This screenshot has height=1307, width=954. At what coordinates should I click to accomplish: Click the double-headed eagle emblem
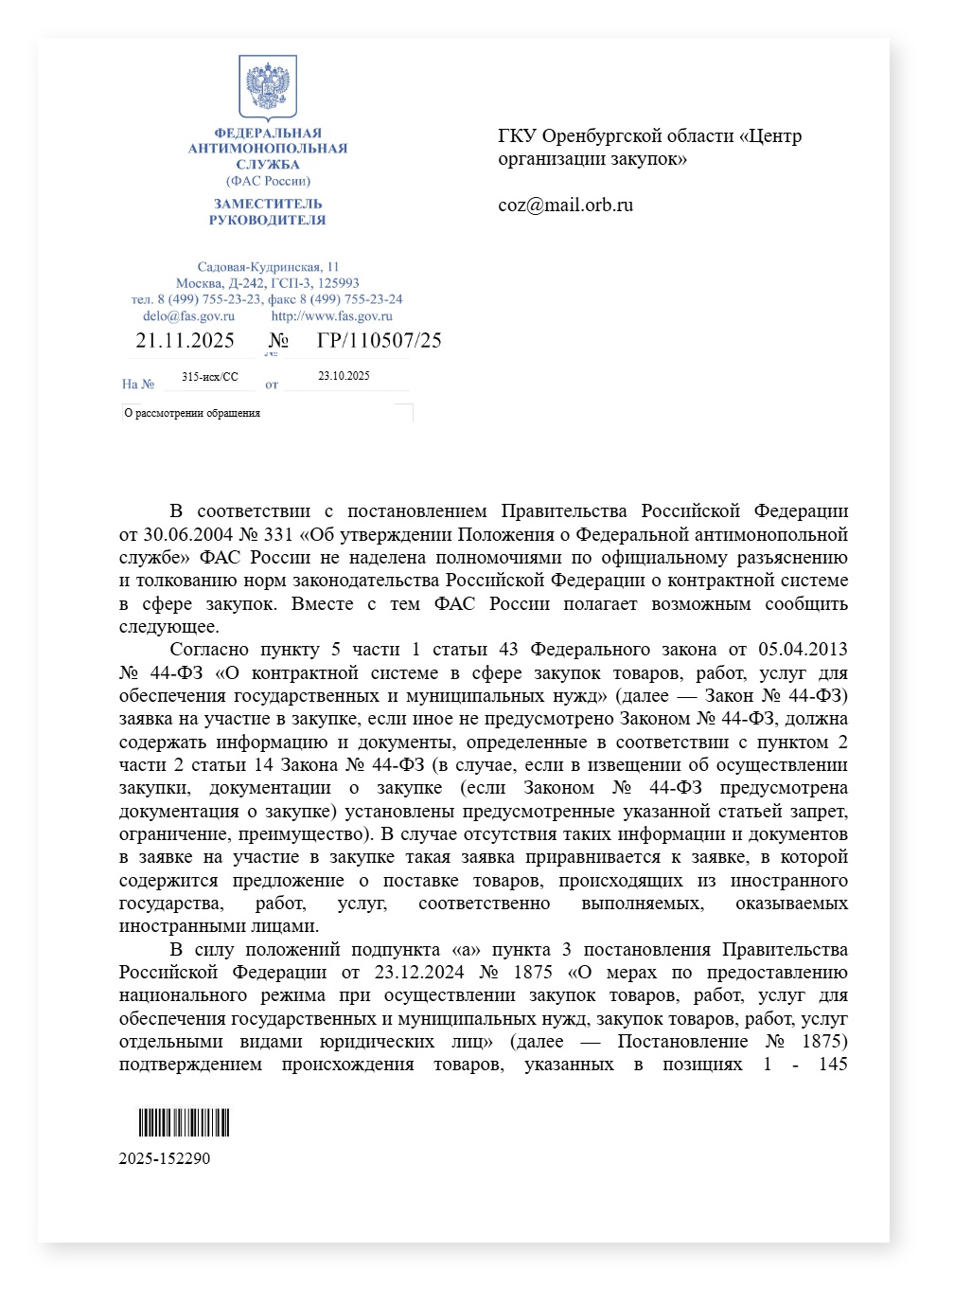(x=268, y=87)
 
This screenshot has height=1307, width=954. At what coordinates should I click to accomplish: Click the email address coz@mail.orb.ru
(x=565, y=206)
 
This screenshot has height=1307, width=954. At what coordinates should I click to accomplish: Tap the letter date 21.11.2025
(x=185, y=341)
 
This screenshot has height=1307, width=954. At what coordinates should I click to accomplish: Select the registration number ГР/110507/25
(x=379, y=341)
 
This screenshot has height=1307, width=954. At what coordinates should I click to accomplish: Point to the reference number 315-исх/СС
(x=210, y=377)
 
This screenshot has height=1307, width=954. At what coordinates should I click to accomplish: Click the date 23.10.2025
(x=344, y=376)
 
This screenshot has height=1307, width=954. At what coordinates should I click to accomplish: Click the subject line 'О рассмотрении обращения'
(x=192, y=413)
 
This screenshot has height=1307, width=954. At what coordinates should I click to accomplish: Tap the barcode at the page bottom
(x=185, y=1123)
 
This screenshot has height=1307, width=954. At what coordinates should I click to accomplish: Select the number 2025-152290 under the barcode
(x=165, y=1158)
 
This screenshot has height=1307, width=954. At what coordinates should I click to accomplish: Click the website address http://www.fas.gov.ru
(x=331, y=316)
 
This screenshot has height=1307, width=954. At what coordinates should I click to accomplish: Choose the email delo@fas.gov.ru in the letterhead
(x=188, y=316)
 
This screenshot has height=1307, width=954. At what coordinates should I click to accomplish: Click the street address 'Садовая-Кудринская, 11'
(x=268, y=267)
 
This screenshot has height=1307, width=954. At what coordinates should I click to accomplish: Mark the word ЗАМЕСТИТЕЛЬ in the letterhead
(x=268, y=204)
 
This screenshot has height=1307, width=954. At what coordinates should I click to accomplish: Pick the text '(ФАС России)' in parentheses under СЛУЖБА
(x=268, y=181)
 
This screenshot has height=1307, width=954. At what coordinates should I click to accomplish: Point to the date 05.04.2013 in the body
(x=803, y=650)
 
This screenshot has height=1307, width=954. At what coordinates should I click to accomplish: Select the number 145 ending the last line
(x=833, y=1065)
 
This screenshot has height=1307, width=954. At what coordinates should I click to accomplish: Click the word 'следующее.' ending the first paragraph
(x=168, y=627)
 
